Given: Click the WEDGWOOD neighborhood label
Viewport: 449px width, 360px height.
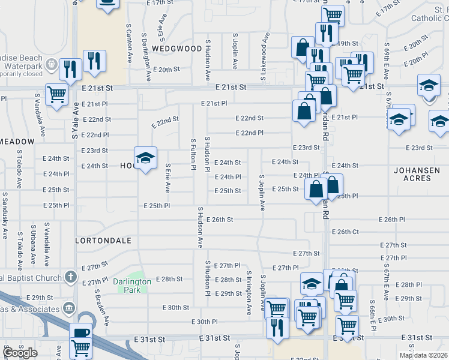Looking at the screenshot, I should [177, 48].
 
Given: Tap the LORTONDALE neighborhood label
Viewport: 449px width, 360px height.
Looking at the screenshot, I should [103, 240].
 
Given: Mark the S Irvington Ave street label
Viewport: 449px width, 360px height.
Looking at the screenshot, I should [249, 293].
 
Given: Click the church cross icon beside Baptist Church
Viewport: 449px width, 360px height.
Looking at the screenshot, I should [71, 277].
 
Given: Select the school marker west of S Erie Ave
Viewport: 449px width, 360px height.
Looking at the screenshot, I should [145, 158].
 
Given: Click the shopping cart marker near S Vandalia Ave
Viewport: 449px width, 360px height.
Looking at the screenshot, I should [56, 94].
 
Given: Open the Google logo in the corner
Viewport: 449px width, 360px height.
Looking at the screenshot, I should [20, 353].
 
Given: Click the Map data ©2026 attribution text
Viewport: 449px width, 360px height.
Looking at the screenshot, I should [423, 355].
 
